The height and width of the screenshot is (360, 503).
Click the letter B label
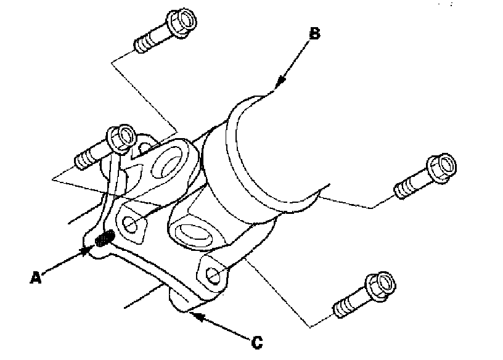pos(314,35)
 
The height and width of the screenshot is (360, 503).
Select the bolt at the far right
pos(425,176)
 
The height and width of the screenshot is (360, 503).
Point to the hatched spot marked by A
pos(105,238)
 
